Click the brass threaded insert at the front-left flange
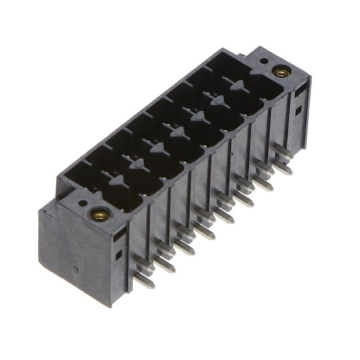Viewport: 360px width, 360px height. click(101, 214)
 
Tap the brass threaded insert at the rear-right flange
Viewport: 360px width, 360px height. click(281, 72)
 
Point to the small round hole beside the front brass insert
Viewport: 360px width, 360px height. click(83, 204)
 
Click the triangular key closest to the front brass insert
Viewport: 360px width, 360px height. click(117, 181)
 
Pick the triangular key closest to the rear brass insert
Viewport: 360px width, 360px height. click(238, 85)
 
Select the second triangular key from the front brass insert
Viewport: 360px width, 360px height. click(137, 164)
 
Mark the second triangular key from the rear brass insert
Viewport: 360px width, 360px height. click(218, 101)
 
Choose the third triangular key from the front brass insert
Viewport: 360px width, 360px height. click(157, 148)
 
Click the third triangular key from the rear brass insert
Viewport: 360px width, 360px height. click(198, 116)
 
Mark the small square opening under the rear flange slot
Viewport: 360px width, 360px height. click(299, 110)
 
